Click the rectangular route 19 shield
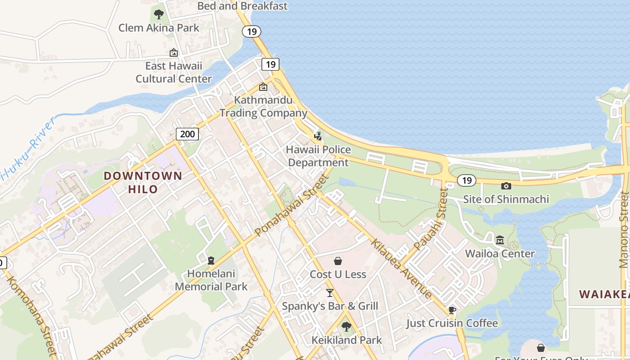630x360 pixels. pyautogui.click(x=270, y=64)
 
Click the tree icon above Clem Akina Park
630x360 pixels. pyautogui.click(x=158, y=14)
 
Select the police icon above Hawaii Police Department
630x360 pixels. pyautogui.click(x=318, y=135)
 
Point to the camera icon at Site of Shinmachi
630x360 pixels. pyautogui.click(x=506, y=186)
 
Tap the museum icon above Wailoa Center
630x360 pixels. pyautogui.click(x=499, y=240)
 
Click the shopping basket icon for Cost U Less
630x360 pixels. pyautogui.click(x=337, y=261)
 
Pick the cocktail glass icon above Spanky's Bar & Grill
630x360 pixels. pyautogui.click(x=330, y=293)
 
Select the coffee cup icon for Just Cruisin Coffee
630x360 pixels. pyautogui.click(x=452, y=310)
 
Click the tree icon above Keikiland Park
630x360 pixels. pyautogui.click(x=346, y=326)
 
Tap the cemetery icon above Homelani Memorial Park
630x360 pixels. pyautogui.click(x=211, y=260)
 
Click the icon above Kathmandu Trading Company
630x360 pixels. pyautogui.click(x=263, y=87)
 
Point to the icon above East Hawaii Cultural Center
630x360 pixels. pyautogui.click(x=174, y=53)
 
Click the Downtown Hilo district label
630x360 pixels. pyautogui.click(x=143, y=182)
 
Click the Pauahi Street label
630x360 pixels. pyautogui.click(x=431, y=220)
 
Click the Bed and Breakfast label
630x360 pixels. pyautogui.click(x=243, y=6)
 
